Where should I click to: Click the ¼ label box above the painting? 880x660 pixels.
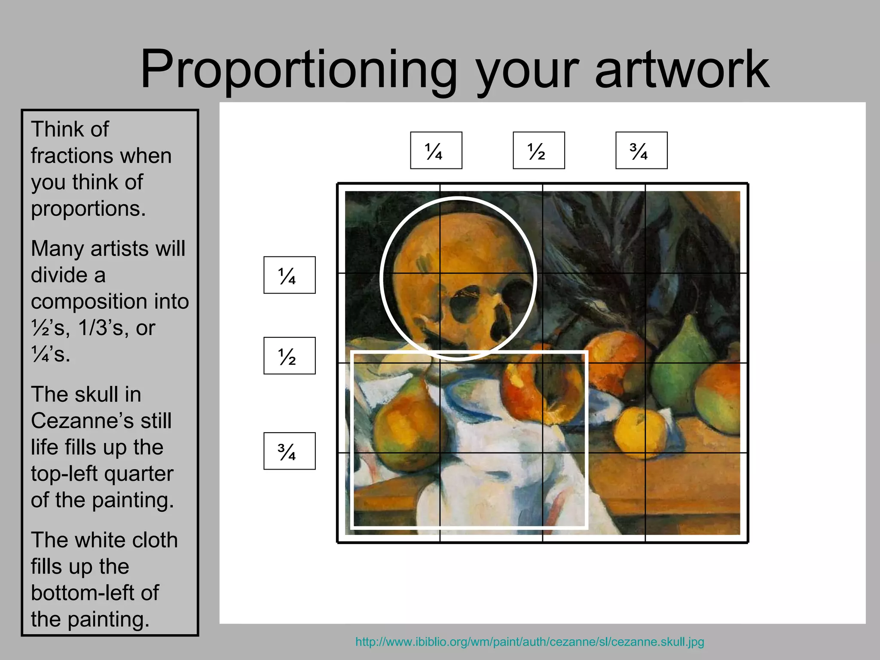click(436, 150)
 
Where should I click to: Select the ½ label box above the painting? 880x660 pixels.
click(539, 150)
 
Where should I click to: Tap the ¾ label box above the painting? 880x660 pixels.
click(642, 150)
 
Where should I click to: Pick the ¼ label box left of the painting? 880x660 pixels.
click(290, 275)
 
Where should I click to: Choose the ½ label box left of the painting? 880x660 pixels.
click(290, 356)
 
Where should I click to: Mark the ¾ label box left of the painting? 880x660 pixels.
click(290, 451)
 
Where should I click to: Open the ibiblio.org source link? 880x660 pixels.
click(529, 642)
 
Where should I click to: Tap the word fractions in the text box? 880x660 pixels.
click(101, 156)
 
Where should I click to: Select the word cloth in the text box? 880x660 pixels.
click(156, 540)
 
